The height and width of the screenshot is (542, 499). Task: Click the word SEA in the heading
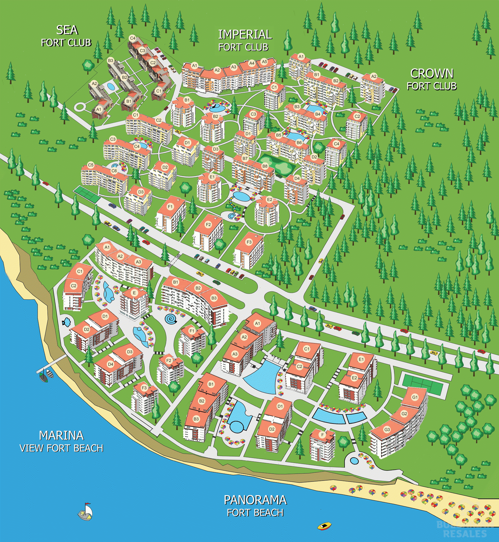tap(67, 30)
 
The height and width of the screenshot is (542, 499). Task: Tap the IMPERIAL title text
tap(245, 35)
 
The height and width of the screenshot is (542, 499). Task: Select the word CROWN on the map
tap(432, 74)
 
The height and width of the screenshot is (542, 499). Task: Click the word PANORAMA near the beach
tap(255, 500)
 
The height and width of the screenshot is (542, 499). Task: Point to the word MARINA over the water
tap(61, 435)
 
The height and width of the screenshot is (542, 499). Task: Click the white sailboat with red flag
tap(86, 512)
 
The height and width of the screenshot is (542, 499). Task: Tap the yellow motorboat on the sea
tap(324, 526)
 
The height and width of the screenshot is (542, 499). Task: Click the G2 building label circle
tap(404, 414)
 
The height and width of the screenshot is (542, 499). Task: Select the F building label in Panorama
tap(322, 434)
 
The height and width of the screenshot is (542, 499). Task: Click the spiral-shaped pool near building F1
tap(170, 319)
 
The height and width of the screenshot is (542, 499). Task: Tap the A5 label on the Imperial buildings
tap(264, 62)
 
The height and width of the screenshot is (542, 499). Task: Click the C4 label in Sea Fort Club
tap(133, 38)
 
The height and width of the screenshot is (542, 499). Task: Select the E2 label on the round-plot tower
tap(269, 200)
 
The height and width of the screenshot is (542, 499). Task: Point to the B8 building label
tap(265, 166)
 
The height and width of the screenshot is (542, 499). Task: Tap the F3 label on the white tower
tap(249, 242)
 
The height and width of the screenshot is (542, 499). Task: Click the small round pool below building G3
tap(354, 460)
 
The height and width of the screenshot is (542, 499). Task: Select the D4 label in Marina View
tap(110, 364)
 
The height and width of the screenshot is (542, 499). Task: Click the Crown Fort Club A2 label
tap(374, 76)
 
